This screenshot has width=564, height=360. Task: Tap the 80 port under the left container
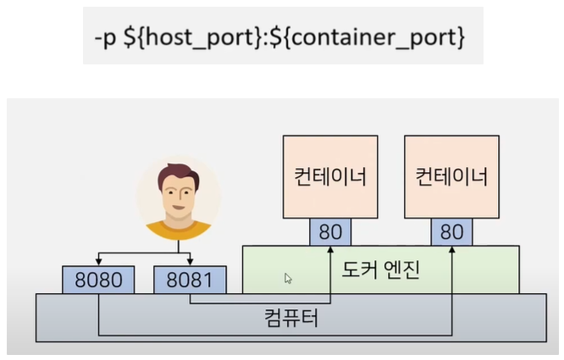click(x=330, y=233)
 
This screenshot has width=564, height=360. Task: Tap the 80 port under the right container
click(x=452, y=233)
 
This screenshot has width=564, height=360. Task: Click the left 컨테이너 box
click(x=329, y=177)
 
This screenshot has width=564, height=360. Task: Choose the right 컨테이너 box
click(x=452, y=177)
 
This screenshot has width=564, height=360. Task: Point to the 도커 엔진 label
click(x=380, y=271)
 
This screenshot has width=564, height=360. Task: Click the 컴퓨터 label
click(x=293, y=320)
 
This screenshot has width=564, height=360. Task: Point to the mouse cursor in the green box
click(x=288, y=277)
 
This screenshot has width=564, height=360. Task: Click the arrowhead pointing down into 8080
click(x=98, y=263)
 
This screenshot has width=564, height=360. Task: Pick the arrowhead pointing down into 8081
click(x=190, y=263)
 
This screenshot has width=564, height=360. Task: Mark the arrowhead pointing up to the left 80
click(x=330, y=250)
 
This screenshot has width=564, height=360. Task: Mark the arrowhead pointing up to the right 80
click(x=452, y=250)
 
